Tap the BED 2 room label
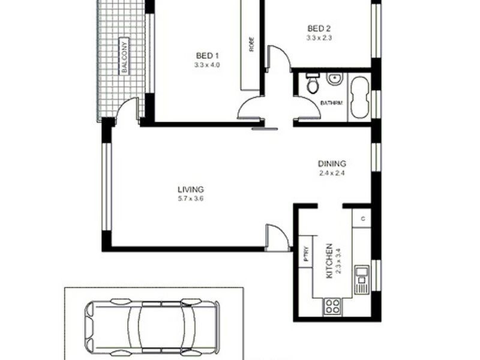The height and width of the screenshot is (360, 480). click(x=319, y=28)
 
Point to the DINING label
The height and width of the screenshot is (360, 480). click(x=332, y=164)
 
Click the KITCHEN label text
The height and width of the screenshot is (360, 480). click(x=329, y=260)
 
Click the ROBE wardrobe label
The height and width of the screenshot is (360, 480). click(x=251, y=45)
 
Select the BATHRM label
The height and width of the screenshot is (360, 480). click(x=331, y=103)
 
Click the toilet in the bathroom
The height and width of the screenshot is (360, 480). click(x=313, y=85)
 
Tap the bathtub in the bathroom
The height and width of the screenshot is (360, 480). click(x=360, y=97)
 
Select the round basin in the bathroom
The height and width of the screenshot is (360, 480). click(x=334, y=79)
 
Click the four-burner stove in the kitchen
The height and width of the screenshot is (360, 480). click(x=332, y=307)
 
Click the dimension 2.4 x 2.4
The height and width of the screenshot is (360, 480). click(x=332, y=173)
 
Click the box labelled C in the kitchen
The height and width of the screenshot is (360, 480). click(x=362, y=219)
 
